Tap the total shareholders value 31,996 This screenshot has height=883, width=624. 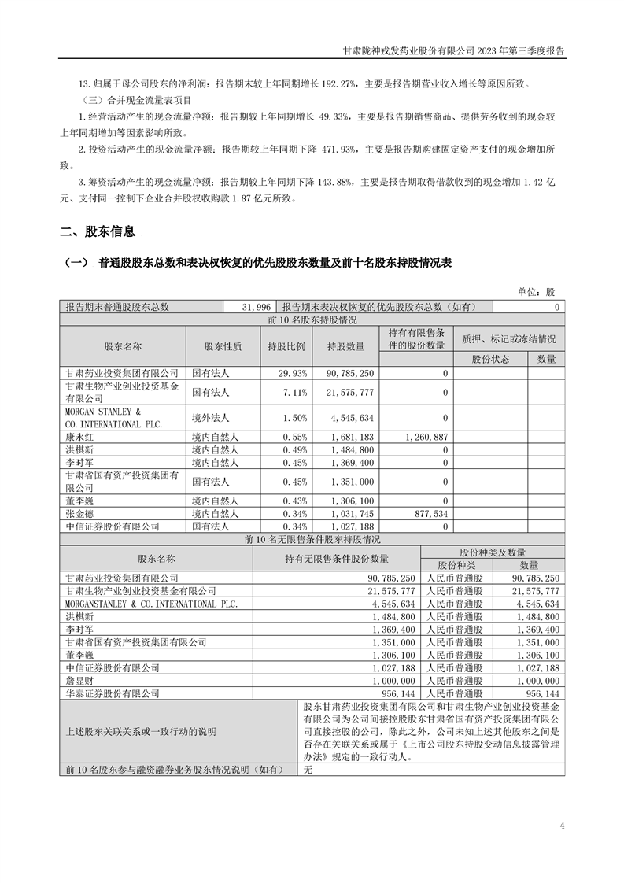pyautogui.click(x=257, y=308)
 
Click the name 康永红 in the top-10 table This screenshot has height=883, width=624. pyautogui.click(x=79, y=435)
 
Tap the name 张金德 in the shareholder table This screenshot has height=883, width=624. pyautogui.click(x=79, y=512)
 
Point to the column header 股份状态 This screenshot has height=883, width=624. pyautogui.click(x=490, y=359)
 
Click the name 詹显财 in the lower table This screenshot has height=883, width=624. pyautogui.click(x=79, y=681)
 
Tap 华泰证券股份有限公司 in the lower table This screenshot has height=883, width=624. pyautogui.click(x=113, y=693)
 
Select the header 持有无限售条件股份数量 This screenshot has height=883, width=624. pyautogui.click(x=336, y=559)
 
